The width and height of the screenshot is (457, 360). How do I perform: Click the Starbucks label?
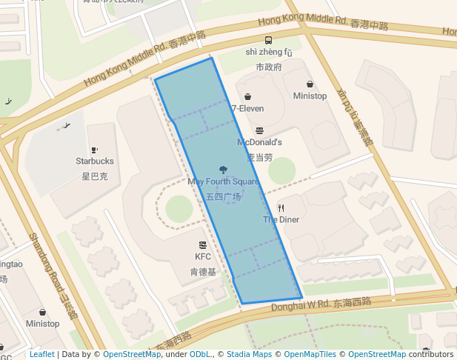95,161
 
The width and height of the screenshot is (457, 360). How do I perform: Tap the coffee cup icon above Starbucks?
94,149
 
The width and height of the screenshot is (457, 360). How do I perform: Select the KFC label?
203,256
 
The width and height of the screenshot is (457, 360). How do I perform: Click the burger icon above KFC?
202,244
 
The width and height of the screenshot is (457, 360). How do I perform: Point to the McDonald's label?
259,141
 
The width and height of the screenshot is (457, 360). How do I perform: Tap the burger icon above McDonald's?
259,130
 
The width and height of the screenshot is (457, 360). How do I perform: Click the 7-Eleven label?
247,108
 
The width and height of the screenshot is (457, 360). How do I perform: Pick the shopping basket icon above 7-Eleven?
247,96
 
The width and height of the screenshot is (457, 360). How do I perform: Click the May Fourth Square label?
223,181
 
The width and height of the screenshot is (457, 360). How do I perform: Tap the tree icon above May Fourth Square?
223,170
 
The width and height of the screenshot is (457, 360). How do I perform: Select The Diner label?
281,219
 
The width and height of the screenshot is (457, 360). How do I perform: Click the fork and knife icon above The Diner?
281,208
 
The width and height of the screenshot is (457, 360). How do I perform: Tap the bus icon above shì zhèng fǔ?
268,41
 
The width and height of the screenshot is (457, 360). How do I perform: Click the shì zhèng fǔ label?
269,53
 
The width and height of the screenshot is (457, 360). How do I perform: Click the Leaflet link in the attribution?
41,355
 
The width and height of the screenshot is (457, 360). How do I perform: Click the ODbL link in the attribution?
199,355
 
